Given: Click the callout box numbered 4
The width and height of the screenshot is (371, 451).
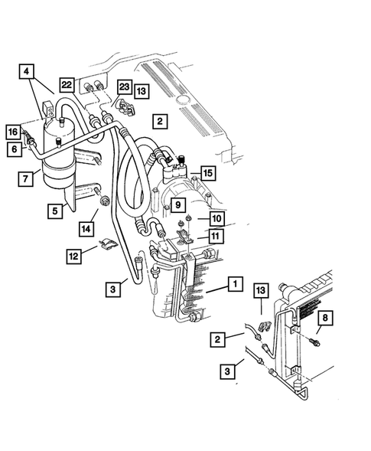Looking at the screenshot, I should click(x=27, y=74).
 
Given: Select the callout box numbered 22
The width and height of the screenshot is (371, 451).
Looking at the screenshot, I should click(x=67, y=84).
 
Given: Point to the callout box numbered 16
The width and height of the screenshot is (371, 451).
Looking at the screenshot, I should click(x=12, y=132).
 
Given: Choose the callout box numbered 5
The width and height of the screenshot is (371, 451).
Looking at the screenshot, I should click(x=55, y=209).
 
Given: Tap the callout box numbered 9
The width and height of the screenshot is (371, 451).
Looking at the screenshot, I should click(x=176, y=204).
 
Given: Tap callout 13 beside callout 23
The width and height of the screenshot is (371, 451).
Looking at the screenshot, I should click(x=142, y=91).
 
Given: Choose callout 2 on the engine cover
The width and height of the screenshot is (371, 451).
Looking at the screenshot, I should click(x=158, y=120).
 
